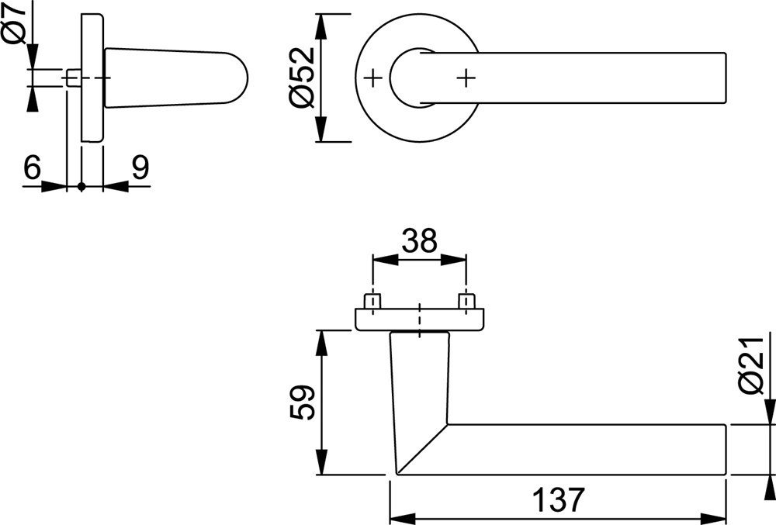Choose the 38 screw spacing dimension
pyautogui.click(x=419, y=242)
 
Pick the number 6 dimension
pyautogui.click(x=31, y=168)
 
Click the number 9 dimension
pyautogui.click(x=140, y=168)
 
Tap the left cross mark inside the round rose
pyautogui.click(x=373, y=78)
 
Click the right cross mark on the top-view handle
pyautogui.click(x=465, y=78)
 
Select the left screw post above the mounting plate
pyautogui.click(x=373, y=301)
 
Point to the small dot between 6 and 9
pyautogui.click(x=81, y=186)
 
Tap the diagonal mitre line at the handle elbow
pyautogui.click(x=423, y=449)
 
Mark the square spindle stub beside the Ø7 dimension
pyautogui.click(x=73, y=78)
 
